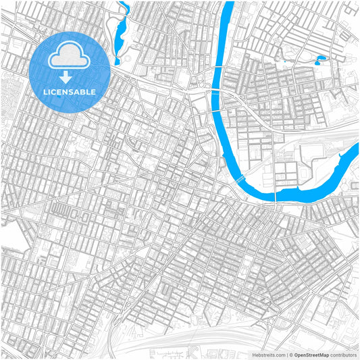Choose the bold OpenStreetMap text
(x=311, y=354)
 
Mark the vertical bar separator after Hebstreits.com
(x=285, y=354)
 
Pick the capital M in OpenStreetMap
(x=321, y=354)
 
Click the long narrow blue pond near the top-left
(x=122, y=37)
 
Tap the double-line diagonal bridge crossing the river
(x=240, y=179)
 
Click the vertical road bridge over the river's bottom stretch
(x=276, y=195)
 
